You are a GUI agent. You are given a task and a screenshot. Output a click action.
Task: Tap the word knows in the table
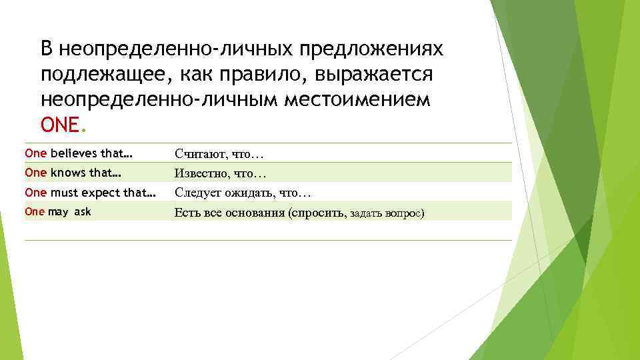coord(68,173)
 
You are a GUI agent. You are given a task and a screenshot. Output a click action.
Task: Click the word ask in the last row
coord(83,212)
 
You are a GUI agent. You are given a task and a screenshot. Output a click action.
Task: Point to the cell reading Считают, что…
coord(219,154)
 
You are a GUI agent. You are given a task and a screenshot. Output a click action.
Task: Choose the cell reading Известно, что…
coord(220,173)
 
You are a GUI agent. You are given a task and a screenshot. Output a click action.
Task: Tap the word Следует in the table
coord(197,193)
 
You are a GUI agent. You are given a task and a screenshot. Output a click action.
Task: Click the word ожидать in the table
coord(250,193)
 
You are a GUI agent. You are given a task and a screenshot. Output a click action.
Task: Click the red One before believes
coord(35,153)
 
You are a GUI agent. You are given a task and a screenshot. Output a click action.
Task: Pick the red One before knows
coord(35,173)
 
